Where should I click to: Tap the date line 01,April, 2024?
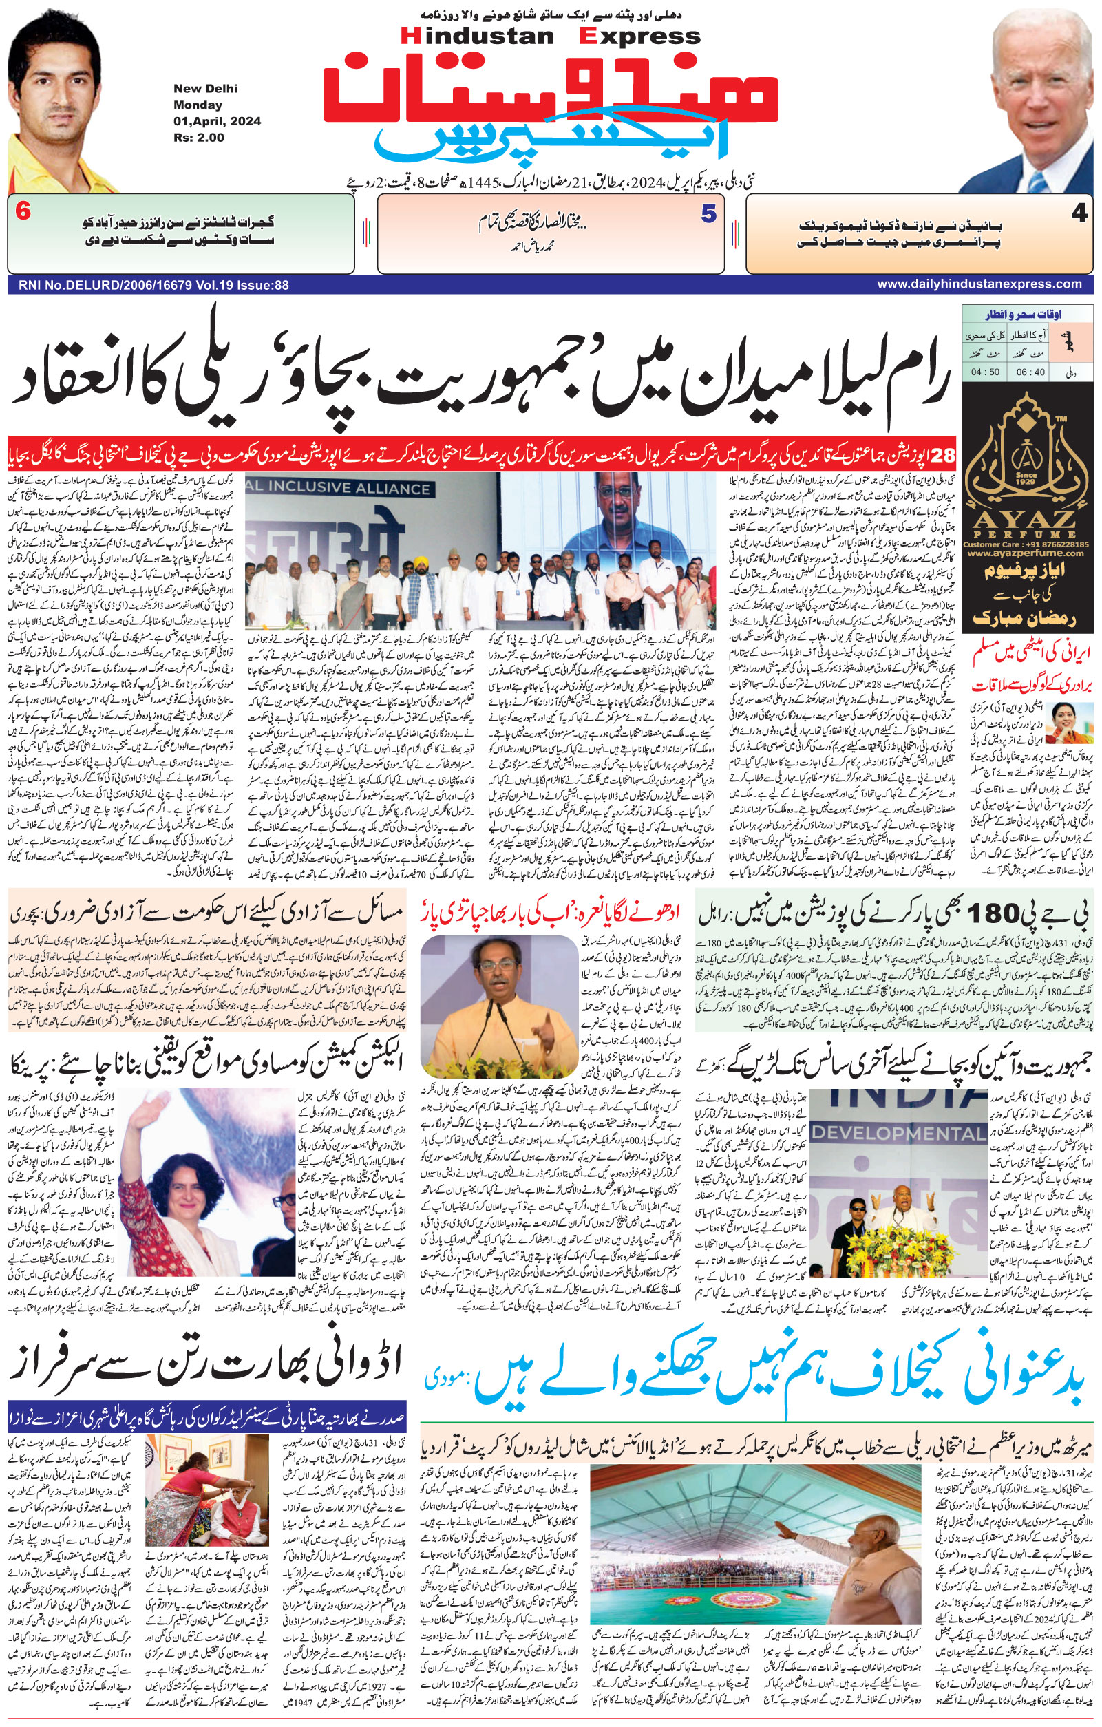pyautogui.click(x=217, y=120)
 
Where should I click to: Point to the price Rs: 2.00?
pyautogui.click(x=199, y=137)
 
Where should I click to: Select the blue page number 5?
pyautogui.click(x=708, y=215)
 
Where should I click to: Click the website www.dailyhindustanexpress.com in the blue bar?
pyautogui.click(x=979, y=284)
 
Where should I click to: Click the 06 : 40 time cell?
pyautogui.click(x=1030, y=373)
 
